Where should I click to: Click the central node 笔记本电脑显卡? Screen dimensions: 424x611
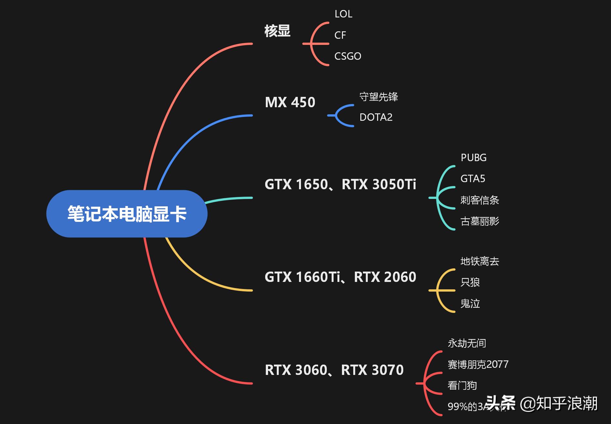[127, 213]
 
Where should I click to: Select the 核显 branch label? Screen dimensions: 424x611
[277, 31]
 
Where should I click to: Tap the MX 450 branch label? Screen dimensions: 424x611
[290, 102]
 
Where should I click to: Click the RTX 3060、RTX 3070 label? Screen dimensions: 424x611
[334, 370]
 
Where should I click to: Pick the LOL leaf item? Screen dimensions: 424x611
[343, 14]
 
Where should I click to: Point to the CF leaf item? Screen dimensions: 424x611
[340, 35]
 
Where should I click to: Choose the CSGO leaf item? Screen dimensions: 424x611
[347, 56]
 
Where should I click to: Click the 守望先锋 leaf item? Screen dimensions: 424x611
[378, 97]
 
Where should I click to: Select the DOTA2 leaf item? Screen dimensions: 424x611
[376, 117]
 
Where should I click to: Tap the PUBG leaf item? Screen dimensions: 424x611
[473, 158]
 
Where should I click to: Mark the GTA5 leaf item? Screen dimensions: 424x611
[473, 179]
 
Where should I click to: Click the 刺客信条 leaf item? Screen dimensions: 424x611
[479, 200]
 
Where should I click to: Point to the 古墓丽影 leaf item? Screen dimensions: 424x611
[479, 221]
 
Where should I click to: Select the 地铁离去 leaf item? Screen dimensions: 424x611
[479, 261]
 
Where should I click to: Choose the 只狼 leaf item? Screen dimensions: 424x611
[470, 282]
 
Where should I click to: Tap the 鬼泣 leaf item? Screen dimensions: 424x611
[470, 304]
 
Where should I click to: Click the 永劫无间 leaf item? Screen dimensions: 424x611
[466, 343]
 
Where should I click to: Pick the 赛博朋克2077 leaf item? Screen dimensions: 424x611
[478, 364]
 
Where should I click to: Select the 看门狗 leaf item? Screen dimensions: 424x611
[462, 385]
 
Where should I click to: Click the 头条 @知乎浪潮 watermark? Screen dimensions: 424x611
[542, 403]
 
